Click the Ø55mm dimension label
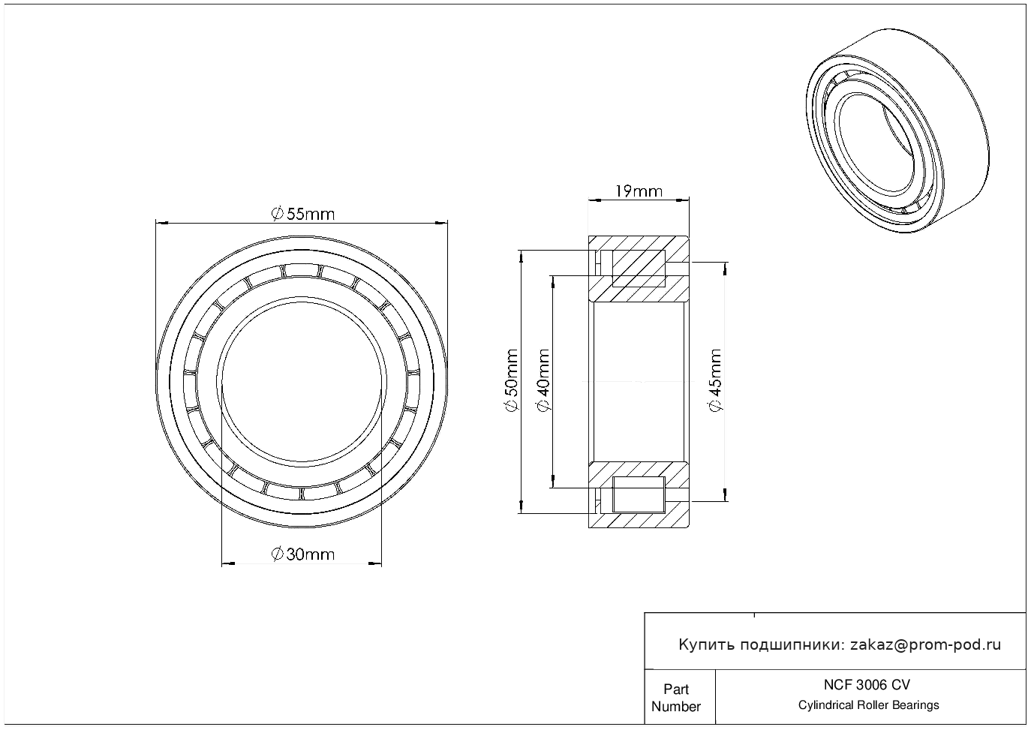[x=302, y=214]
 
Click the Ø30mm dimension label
[x=302, y=554]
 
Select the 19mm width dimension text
[x=638, y=191]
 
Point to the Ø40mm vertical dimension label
[x=543, y=381]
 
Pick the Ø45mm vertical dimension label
[x=715, y=381]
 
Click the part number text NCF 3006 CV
[x=867, y=684]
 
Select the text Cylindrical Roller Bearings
[x=868, y=705]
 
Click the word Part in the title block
[x=676, y=689]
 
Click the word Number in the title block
[x=676, y=706]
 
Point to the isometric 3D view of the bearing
[x=893, y=133]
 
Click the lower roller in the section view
[x=639, y=494]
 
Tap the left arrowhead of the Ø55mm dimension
[x=160, y=222]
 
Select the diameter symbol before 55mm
[x=276, y=214]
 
